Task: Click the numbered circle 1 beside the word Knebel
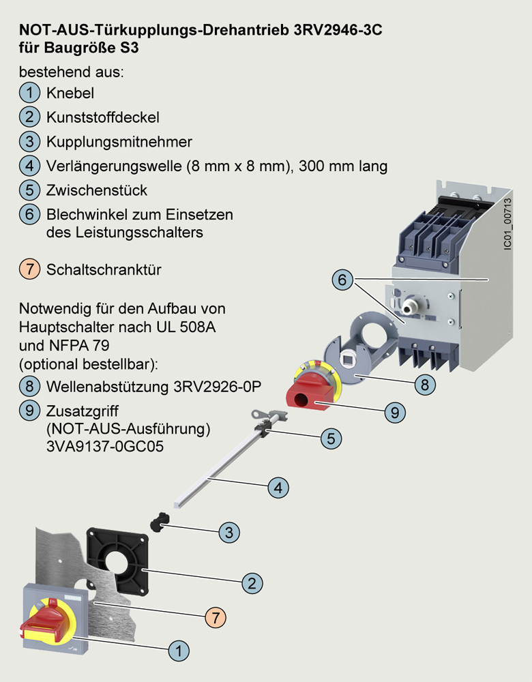coord(29,92)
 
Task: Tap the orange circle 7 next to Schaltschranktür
coord(29,269)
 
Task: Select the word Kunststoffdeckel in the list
coord(102,117)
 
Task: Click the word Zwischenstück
coord(97,190)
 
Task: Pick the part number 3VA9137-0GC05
coord(100,449)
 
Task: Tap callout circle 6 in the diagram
coord(343,280)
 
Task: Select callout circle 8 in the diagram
coord(424,384)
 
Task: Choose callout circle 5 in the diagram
coord(330,438)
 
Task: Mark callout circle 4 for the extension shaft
coord(277,488)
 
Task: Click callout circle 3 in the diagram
coord(230,532)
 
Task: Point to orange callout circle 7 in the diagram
coord(215,618)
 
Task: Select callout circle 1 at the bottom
coord(179,651)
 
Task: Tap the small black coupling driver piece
coord(158,524)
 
